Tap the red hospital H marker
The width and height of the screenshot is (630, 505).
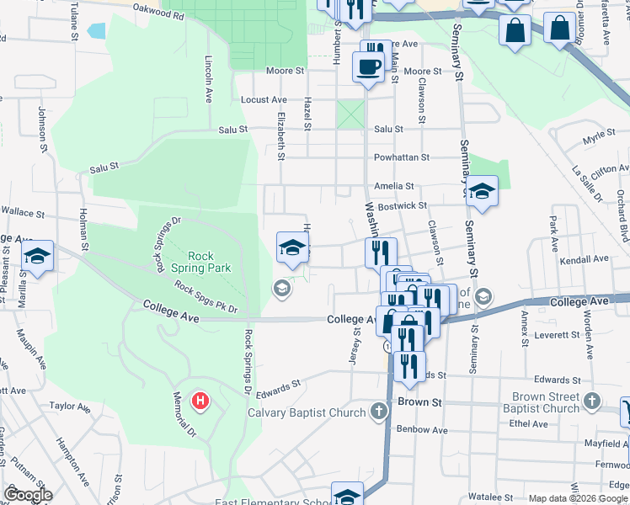[200, 399]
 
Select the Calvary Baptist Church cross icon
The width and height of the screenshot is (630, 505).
[379, 412]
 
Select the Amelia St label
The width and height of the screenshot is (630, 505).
[394, 186]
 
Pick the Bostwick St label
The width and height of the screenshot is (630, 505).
[403, 205]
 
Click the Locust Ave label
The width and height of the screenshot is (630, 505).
[259, 99]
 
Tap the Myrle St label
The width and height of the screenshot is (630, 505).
[599, 136]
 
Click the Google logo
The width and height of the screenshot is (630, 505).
[28, 495]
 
